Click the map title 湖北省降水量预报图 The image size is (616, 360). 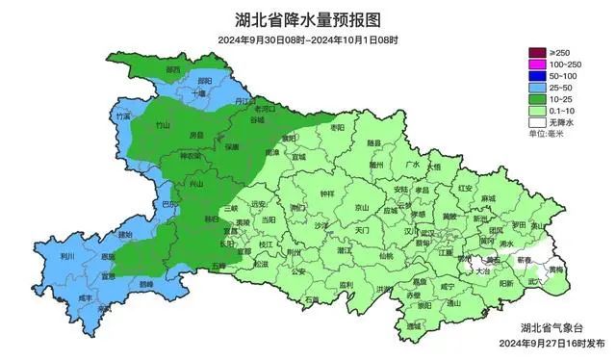(307, 18)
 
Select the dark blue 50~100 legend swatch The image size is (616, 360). (537, 75)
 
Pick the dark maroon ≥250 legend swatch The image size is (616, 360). (537, 51)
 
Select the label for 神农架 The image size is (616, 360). (191, 156)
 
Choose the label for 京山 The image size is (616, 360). (361, 207)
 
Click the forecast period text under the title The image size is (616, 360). (307, 40)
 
